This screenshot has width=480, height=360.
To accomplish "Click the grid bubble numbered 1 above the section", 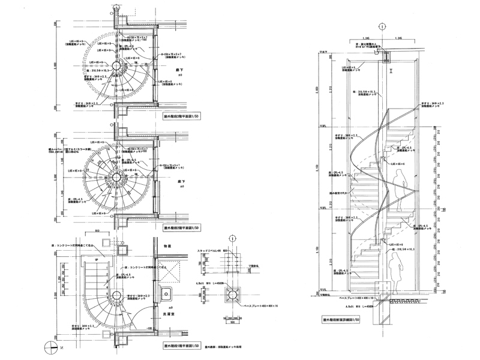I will (x=383, y=26).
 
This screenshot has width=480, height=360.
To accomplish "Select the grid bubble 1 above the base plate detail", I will (x=233, y=238).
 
